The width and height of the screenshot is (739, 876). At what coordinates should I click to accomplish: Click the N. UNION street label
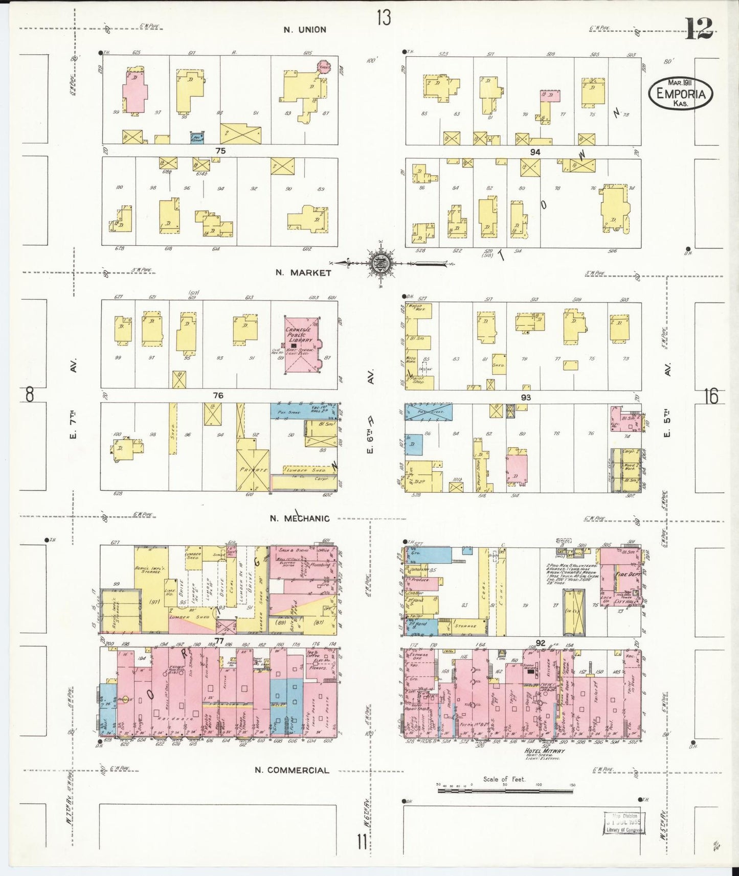click(x=305, y=30)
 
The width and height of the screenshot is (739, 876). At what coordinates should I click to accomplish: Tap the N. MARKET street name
click(x=303, y=272)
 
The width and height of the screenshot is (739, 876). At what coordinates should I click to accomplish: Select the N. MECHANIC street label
click(x=300, y=518)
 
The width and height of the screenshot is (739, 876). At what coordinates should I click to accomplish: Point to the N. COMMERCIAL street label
click(x=292, y=770)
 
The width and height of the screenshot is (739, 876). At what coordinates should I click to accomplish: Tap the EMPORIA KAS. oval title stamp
click(x=680, y=94)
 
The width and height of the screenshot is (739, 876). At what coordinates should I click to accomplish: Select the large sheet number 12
click(x=699, y=29)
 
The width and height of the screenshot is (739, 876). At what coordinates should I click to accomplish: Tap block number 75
click(x=220, y=151)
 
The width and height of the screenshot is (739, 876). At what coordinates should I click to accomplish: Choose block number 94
click(x=535, y=152)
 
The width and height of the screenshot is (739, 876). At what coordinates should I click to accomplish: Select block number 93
click(x=526, y=397)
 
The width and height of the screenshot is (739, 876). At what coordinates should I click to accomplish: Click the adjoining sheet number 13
click(x=384, y=18)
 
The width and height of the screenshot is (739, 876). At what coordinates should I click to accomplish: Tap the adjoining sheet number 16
click(x=711, y=396)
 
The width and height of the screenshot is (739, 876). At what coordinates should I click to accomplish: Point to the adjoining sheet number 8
click(x=30, y=395)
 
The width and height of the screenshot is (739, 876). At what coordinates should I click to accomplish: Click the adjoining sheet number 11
click(x=362, y=841)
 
